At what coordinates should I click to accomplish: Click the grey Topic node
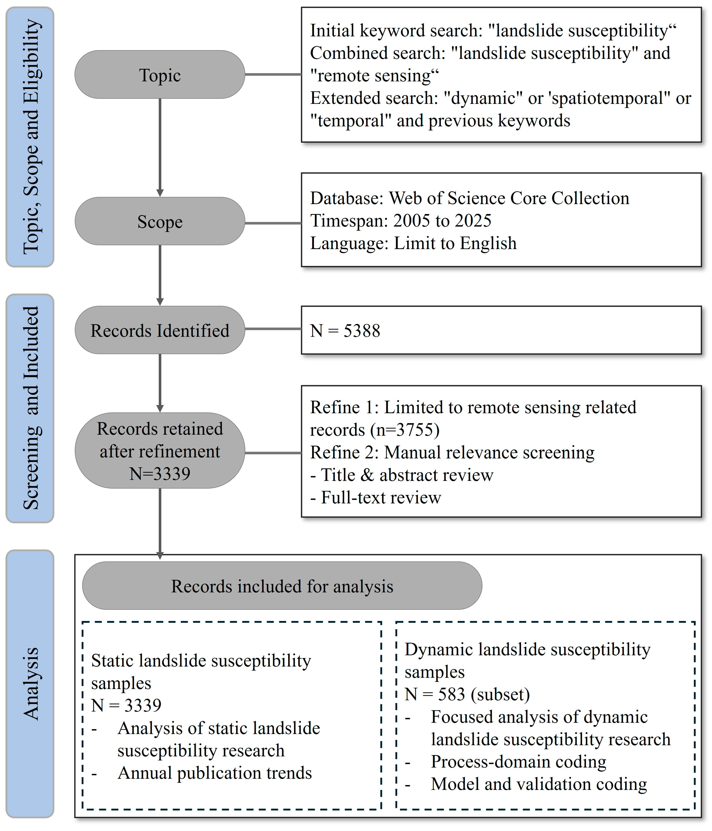point(160,75)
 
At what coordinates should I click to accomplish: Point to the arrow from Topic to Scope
point(160,147)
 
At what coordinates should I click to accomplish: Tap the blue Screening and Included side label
point(30,408)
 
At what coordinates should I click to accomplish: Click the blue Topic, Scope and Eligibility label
point(30,137)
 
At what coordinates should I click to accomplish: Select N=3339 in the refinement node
point(160,474)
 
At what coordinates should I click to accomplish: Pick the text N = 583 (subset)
point(467,694)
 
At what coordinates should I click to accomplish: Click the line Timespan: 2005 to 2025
point(401,221)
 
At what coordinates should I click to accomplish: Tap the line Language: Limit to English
point(413,243)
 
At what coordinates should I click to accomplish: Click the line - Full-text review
point(376,497)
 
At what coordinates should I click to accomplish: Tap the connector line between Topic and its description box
point(273,74)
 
